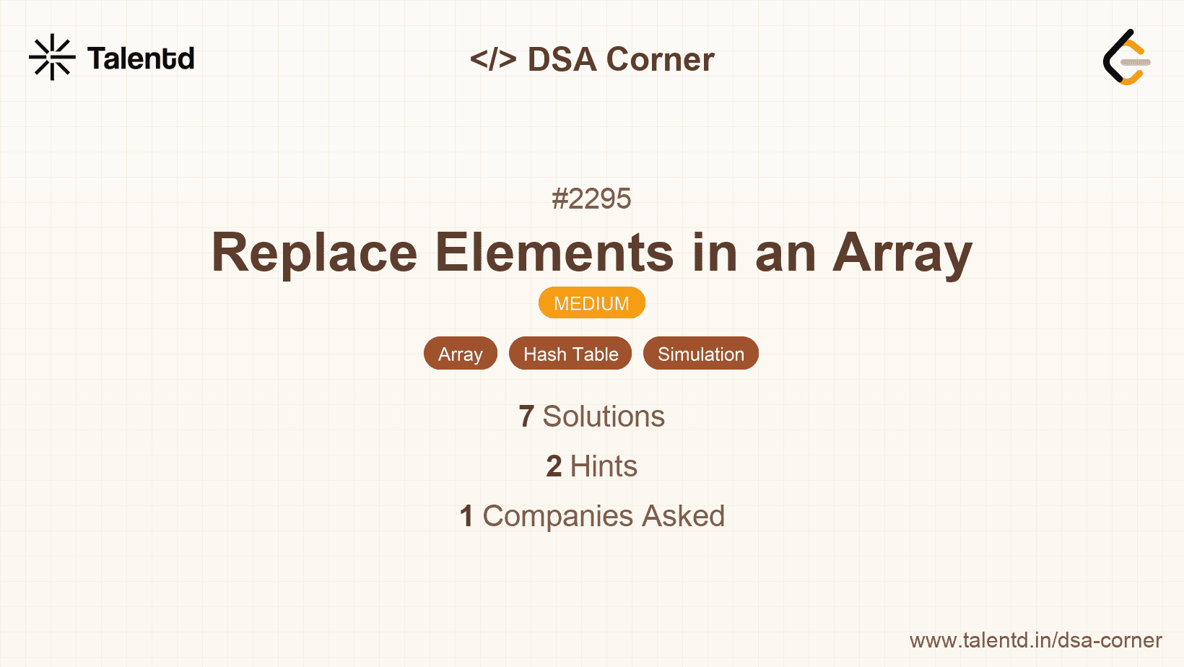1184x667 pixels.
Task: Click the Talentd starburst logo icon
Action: pyautogui.click(x=52, y=57)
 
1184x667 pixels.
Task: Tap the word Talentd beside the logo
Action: pyautogui.click(x=141, y=58)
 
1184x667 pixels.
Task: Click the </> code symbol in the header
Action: pyautogui.click(x=493, y=58)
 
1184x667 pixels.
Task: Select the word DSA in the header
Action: pyautogui.click(x=562, y=58)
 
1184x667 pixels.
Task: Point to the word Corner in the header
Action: pyautogui.click(x=660, y=58)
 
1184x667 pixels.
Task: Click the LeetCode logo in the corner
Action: pyautogui.click(x=1126, y=57)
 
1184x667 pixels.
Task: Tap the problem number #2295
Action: pyautogui.click(x=591, y=199)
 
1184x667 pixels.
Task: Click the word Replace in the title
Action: pyautogui.click(x=315, y=253)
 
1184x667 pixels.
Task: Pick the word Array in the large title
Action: pyautogui.click(x=902, y=253)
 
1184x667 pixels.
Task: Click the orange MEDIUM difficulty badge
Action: pyautogui.click(x=592, y=303)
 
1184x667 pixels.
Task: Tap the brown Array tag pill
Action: pyautogui.click(x=461, y=353)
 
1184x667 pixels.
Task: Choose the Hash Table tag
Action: pyautogui.click(x=570, y=353)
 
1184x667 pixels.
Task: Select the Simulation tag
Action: pyautogui.click(x=701, y=353)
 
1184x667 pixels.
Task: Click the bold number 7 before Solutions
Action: pyautogui.click(x=526, y=417)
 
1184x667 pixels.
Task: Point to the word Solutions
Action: pyautogui.click(x=604, y=417)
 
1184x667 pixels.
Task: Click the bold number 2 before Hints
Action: pyautogui.click(x=554, y=466)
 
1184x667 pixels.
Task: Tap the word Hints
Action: pyautogui.click(x=604, y=466)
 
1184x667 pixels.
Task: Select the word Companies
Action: pyautogui.click(x=557, y=517)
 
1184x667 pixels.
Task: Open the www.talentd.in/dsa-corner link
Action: pyautogui.click(x=1035, y=640)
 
